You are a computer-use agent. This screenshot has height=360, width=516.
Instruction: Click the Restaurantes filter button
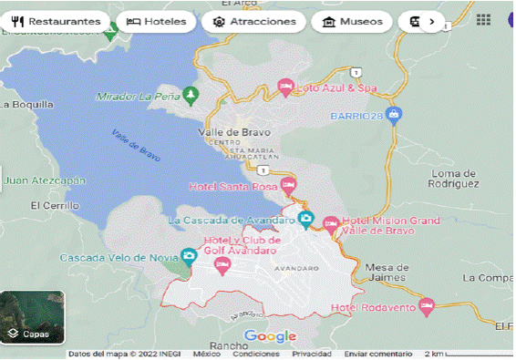[57, 21]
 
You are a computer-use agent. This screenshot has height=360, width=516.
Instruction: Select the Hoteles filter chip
[156, 21]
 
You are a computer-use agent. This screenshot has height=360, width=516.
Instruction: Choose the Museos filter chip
[352, 21]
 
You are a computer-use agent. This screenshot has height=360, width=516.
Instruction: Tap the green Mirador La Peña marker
[191, 94]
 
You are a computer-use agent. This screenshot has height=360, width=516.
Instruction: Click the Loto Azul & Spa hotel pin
[285, 87]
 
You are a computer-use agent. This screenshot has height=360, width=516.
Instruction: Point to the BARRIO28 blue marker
[394, 115]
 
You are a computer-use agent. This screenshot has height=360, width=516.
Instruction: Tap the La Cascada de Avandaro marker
[307, 220]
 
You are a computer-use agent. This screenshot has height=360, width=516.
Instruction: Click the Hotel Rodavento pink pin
[425, 306]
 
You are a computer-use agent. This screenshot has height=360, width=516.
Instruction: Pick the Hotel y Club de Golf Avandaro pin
[222, 264]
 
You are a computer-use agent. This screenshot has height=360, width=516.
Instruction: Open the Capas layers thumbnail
[33, 317]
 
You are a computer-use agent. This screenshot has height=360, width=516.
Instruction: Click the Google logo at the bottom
[271, 336]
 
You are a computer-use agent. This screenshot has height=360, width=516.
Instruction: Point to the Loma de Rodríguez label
[454, 178]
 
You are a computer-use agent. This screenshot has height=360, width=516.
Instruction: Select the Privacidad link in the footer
[311, 354]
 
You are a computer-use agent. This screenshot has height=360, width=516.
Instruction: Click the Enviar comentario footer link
[377, 354]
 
